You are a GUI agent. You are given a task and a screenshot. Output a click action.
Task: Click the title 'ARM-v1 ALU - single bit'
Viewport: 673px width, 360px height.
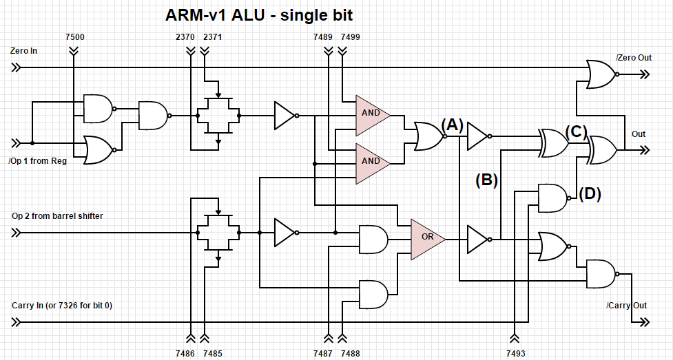259,14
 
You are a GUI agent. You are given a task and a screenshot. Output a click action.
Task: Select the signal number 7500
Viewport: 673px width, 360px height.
74,36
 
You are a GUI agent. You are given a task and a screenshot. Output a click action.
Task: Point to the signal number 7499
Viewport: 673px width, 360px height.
350,36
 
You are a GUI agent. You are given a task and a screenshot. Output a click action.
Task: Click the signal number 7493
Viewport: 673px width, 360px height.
515,352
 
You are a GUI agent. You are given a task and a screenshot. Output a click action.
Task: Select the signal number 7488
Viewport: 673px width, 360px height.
350,352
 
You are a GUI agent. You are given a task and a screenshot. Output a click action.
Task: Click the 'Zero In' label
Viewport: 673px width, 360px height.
24,51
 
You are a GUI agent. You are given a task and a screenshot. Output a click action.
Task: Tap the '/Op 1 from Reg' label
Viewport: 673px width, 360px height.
37,162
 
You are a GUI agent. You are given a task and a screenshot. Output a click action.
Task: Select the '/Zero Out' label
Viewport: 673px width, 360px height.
634,57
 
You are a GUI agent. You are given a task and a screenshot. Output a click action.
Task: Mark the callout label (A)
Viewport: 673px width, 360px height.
451,125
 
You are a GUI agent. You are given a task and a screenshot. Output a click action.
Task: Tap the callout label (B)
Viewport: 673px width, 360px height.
486,180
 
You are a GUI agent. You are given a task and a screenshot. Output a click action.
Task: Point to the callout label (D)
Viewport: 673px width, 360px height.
590,194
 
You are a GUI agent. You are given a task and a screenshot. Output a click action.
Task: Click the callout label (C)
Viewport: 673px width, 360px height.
575,131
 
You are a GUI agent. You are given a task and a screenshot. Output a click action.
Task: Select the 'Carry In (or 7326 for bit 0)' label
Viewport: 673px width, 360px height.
62,305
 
